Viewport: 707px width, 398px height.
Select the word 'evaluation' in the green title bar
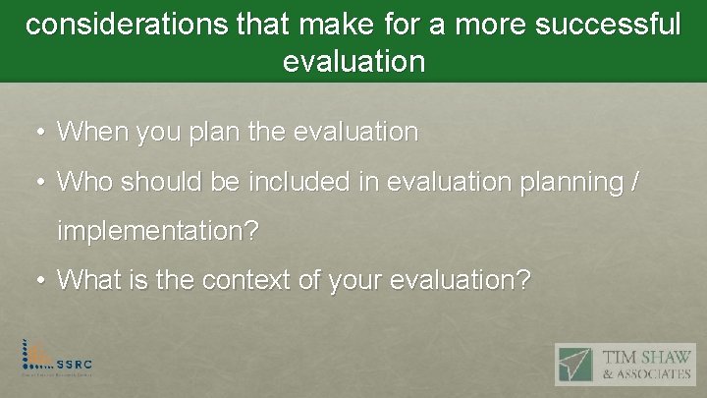[x=353, y=62]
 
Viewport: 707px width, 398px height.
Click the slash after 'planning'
[x=636, y=182]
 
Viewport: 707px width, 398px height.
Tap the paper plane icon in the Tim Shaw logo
[x=576, y=364]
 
